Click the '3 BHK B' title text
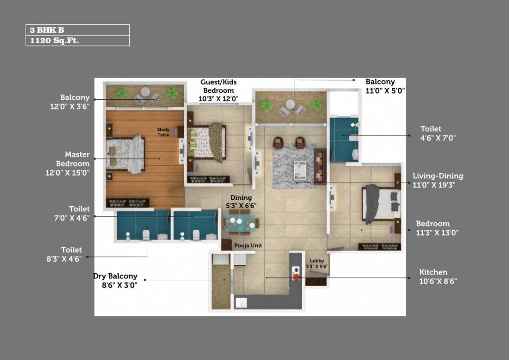coord(47,30)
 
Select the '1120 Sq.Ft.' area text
coord(54,41)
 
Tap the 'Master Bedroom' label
coord(73,159)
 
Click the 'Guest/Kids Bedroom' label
coord(218,86)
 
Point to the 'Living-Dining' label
coord(438,176)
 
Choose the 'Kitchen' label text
coord(433,272)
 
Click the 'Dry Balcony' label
coord(115,277)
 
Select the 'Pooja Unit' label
coord(248,246)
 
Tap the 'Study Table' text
coord(163,132)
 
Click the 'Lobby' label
coord(317,261)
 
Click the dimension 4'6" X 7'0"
coord(438,138)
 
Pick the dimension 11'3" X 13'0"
coord(437,232)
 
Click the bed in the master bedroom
coord(126,152)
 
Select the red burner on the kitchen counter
coord(296,277)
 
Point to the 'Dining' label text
coord(241,198)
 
